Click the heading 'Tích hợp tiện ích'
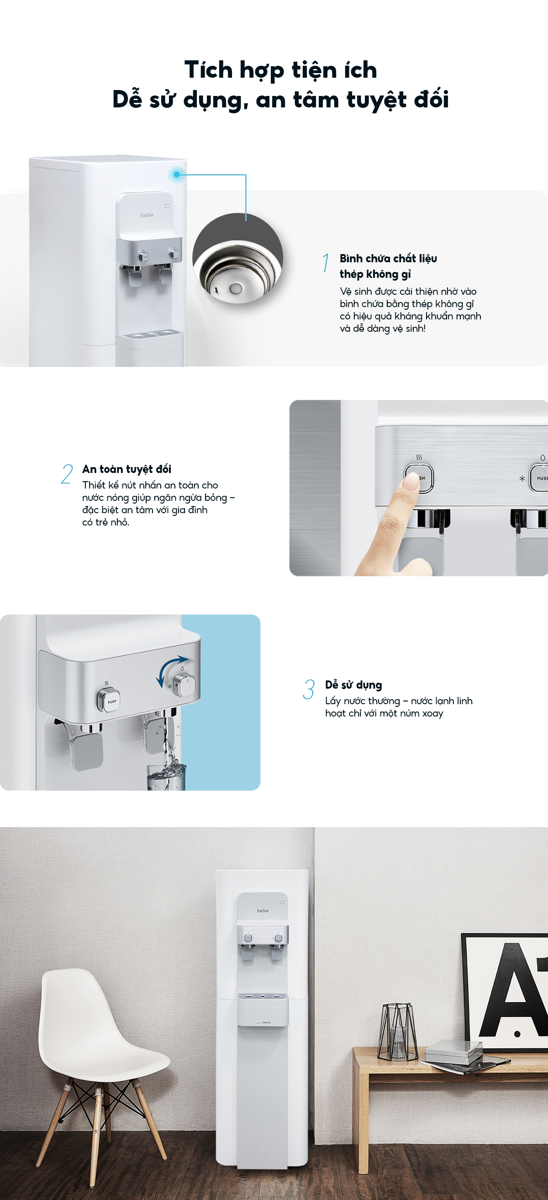coord(280,70)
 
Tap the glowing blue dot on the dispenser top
coord(176,175)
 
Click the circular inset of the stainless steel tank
coord(237,258)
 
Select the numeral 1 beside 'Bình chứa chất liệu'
coord(326,263)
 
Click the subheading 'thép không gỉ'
coord(375,274)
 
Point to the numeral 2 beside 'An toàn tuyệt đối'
coord(67,474)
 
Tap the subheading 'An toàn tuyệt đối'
coord(126,469)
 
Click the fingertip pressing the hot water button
coord(411,481)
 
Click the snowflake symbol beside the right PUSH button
coord(522,478)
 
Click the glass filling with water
coord(166,777)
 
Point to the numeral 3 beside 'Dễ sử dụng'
coord(309,690)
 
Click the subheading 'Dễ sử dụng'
coord(353,685)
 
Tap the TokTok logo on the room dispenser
coord(263,911)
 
